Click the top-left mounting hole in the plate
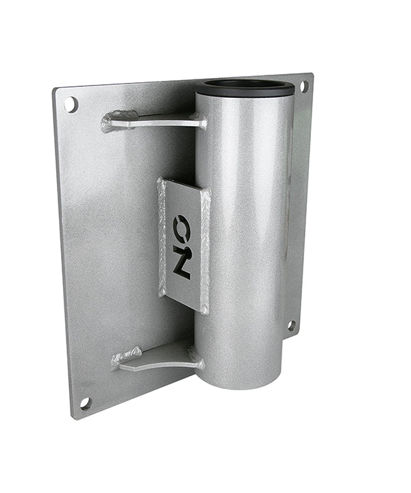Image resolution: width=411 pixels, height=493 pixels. pos(71,105)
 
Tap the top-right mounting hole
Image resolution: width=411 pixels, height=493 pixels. pos(303,87)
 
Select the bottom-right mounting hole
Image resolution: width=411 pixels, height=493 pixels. pos(291,325)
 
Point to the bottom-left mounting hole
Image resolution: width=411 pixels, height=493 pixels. pos(85,403)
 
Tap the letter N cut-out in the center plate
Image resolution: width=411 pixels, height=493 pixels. pos(182,264)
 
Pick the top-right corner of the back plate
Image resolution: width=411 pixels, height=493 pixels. pos(312,75)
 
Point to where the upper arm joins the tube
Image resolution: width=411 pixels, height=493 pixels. pos(201,123)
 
